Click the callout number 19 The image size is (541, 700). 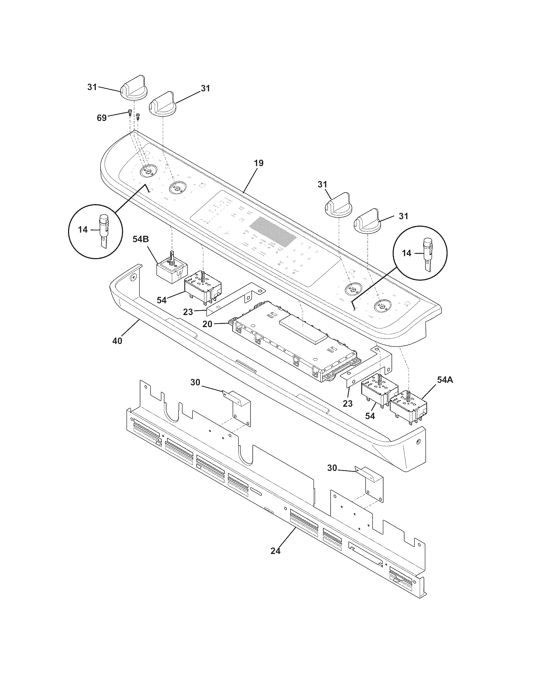click(x=259, y=163)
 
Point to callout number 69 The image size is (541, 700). click(x=102, y=118)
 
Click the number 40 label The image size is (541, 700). click(x=117, y=341)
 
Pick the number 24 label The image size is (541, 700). click(x=275, y=551)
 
